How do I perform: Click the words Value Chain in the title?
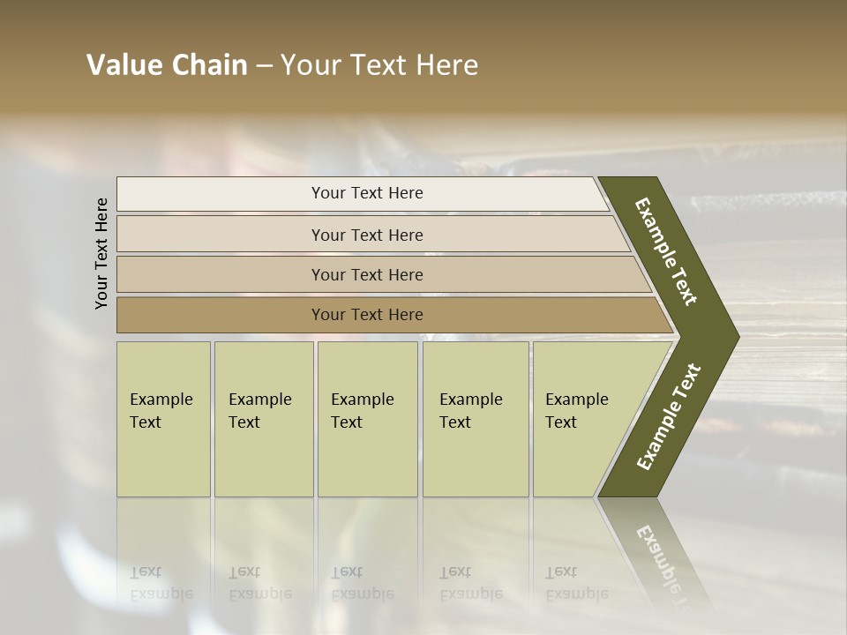click(x=167, y=65)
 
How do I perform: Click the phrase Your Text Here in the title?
click(x=379, y=65)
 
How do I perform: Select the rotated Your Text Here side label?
click(x=101, y=253)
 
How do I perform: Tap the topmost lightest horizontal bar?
click(x=366, y=193)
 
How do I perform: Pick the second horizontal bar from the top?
click(x=366, y=235)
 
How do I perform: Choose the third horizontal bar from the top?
click(x=366, y=274)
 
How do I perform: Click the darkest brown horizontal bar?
click(x=366, y=315)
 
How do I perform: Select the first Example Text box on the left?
click(x=163, y=419)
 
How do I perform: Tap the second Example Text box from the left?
click(x=263, y=419)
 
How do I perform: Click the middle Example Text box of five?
click(x=367, y=419)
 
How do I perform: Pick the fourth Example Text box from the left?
click(x=476, y=419)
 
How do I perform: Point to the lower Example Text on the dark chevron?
click(x=669, y=416)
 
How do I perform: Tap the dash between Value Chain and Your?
click(x=264, y=66)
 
